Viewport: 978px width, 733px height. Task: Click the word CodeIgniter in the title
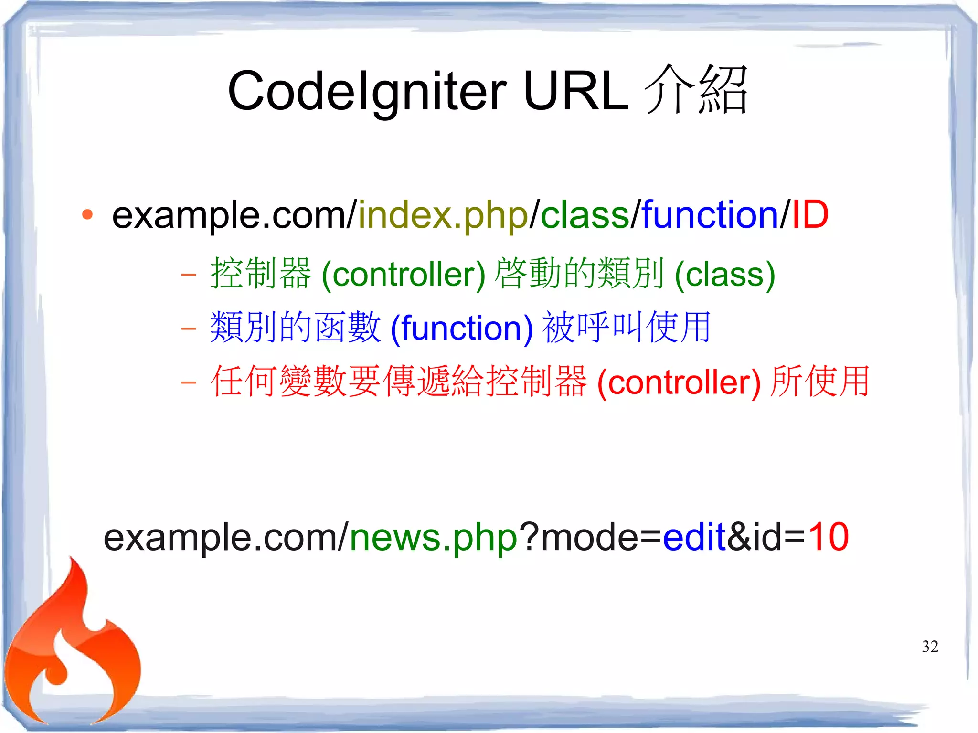367,91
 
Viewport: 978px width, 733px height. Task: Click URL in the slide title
575,91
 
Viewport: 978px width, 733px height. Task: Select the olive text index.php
443,215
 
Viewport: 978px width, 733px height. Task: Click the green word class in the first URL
585,215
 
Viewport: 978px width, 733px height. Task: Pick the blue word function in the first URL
710,215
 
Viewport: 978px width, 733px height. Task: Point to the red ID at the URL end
810,215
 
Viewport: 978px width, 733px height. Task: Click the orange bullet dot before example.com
87,215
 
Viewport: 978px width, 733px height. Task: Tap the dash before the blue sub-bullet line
189,329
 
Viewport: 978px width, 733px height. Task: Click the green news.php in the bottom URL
434,537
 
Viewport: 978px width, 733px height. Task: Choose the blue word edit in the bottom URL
694,537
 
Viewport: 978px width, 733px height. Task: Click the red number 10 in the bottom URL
828,537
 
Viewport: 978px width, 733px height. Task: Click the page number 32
929,647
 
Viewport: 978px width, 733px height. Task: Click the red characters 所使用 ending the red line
820,382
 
